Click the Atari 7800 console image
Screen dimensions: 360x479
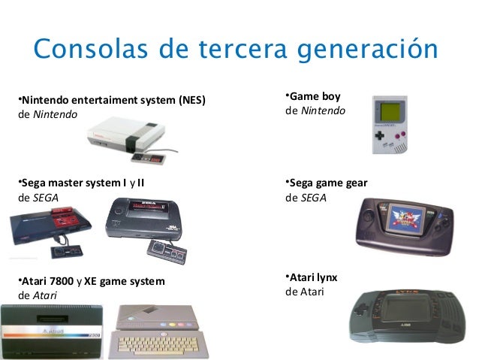(52, 331)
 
